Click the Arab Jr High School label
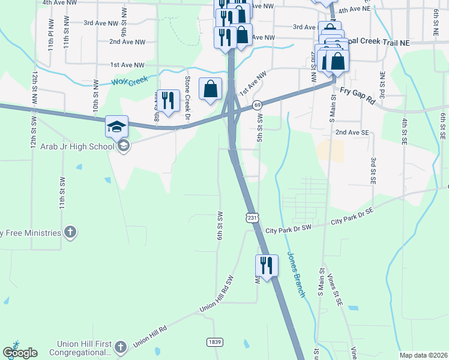(78, 146)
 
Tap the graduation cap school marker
(116, 127)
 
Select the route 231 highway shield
(252, 217)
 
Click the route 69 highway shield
(256, 105)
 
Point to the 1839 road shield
(214, 342)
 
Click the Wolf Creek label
(129, 80)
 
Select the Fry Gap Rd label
(358, 95)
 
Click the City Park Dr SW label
(289, 229)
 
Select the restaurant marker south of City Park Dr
(267, 265)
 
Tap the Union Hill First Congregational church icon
(120, 347)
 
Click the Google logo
(20, 353)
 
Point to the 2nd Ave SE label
(352, 132)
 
